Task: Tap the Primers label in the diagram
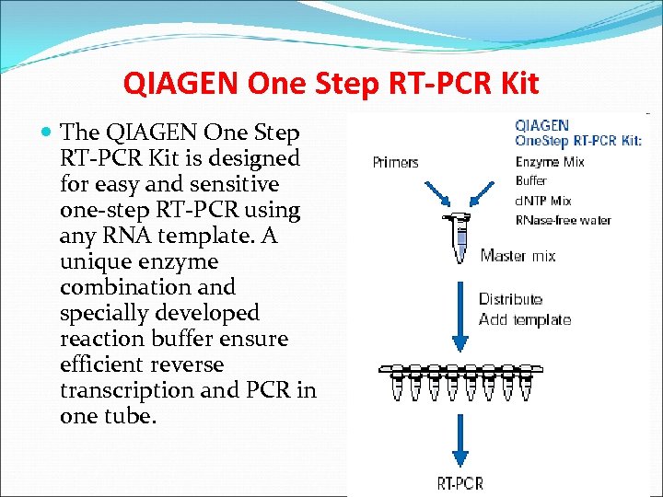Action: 395,163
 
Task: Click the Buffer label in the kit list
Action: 531,181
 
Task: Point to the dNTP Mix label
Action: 544,201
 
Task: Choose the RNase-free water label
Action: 564,220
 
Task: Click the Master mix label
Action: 518,256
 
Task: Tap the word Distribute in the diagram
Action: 511,299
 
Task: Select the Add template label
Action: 525,319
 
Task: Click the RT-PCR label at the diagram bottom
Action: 459,482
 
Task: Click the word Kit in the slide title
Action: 517,84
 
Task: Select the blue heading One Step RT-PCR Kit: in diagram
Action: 578,141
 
